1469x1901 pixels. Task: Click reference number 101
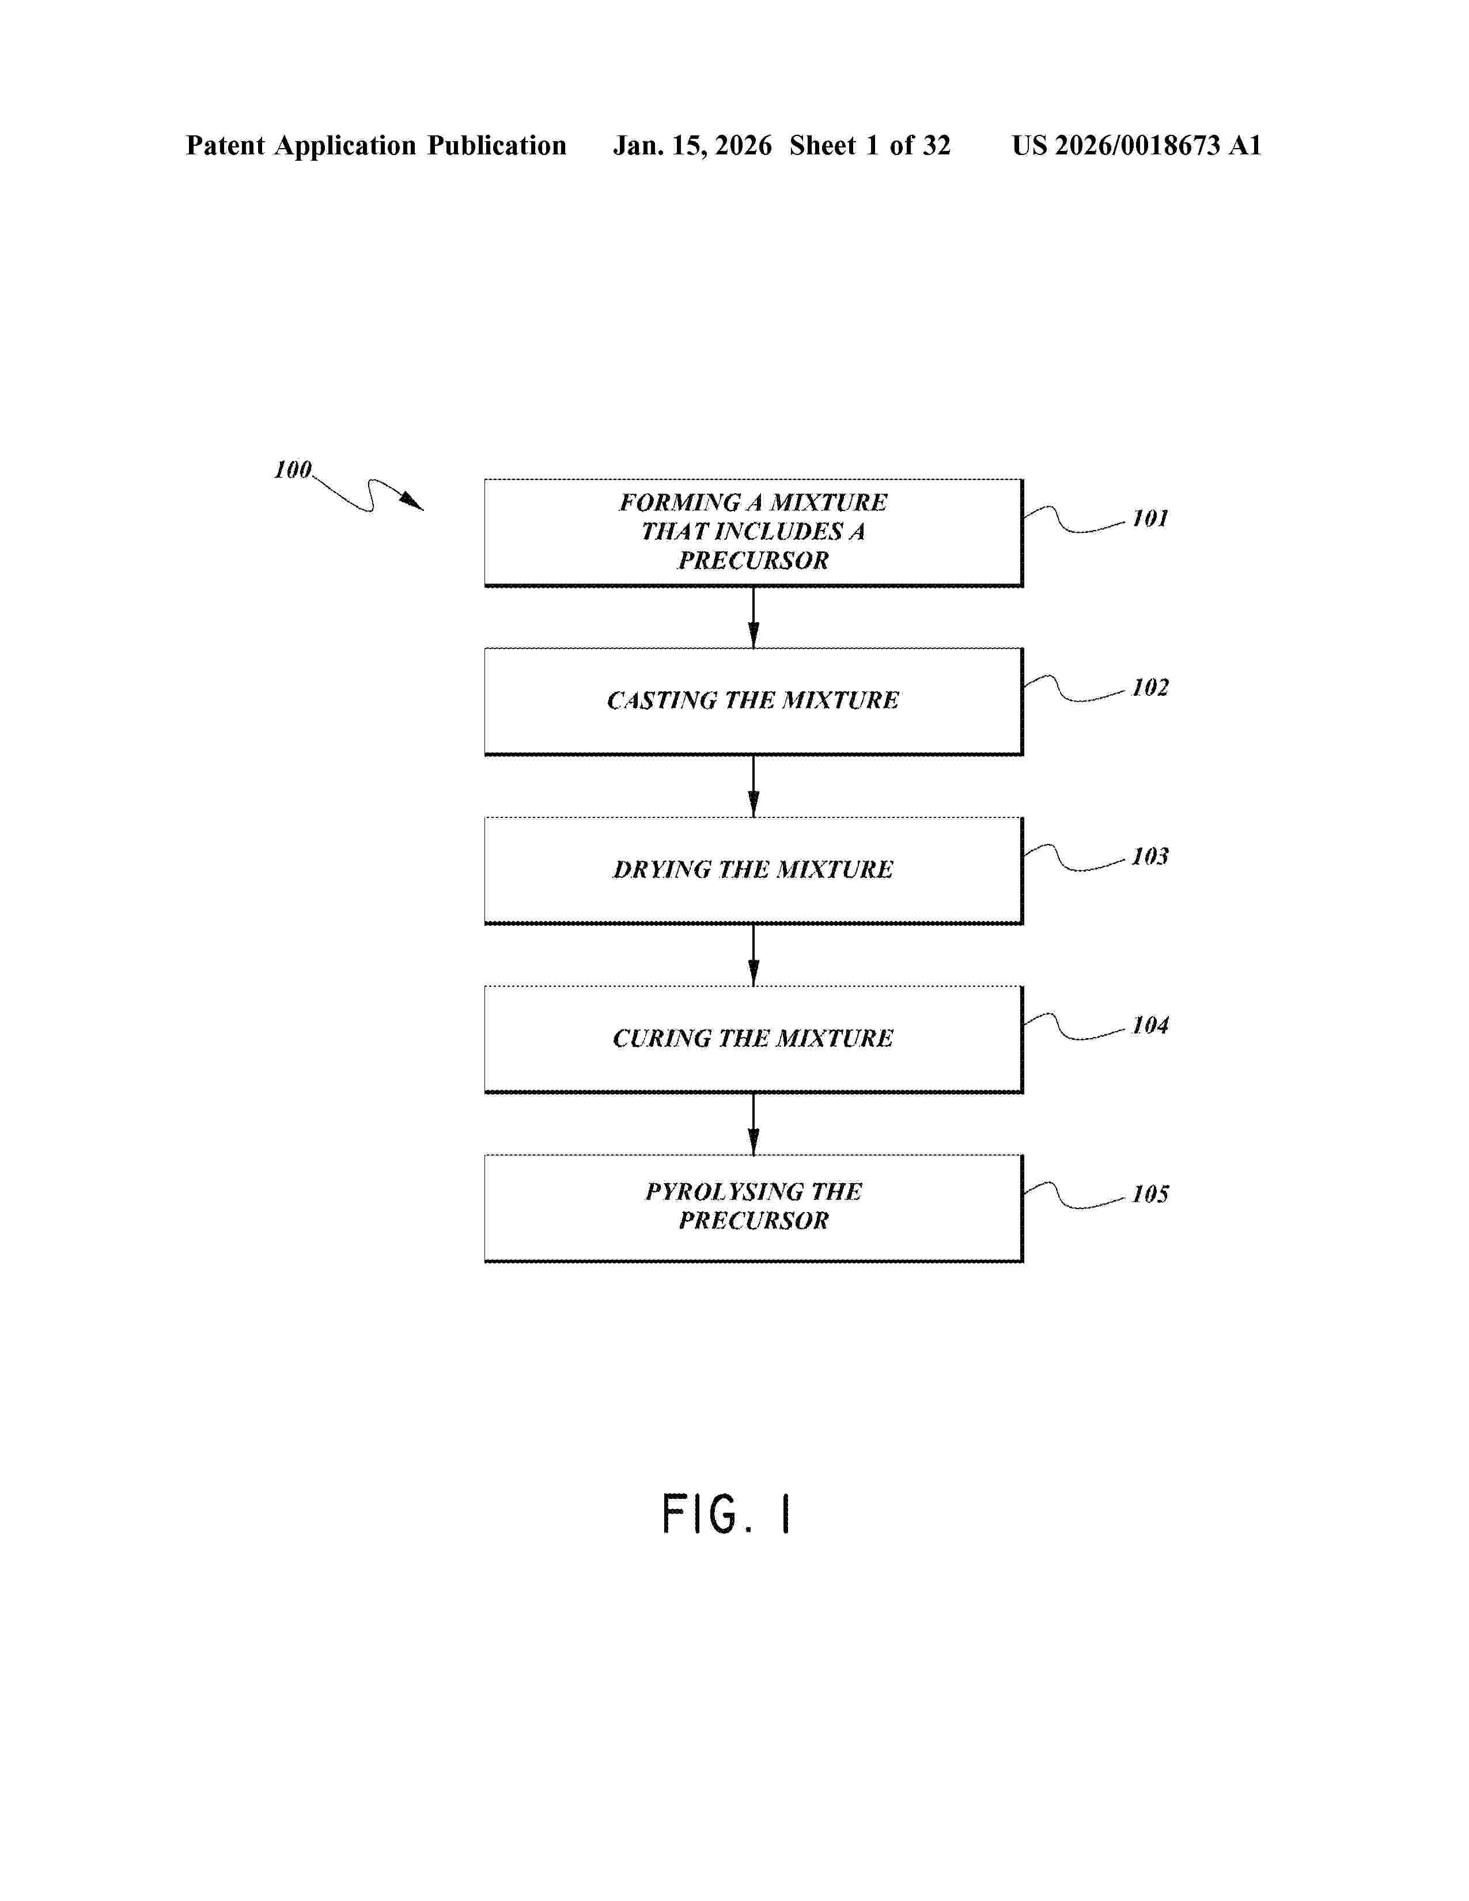1150,519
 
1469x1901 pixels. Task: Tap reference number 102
1150,688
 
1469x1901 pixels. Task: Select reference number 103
1150,857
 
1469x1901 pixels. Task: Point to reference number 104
1150,1025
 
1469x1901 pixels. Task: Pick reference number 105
1150,1194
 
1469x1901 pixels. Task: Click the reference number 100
293,470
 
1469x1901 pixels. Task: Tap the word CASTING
661,700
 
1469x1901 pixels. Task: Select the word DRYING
661,869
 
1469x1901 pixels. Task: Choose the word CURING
661,1039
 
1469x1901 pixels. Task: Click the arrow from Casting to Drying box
754,786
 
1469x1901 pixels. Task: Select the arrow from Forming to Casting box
754,617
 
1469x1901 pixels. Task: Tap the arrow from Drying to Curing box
754,955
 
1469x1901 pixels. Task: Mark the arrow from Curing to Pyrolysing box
754,1124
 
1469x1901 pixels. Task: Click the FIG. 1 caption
726,1514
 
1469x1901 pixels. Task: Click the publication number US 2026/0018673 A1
1135,145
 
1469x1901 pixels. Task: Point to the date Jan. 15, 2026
692,145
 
